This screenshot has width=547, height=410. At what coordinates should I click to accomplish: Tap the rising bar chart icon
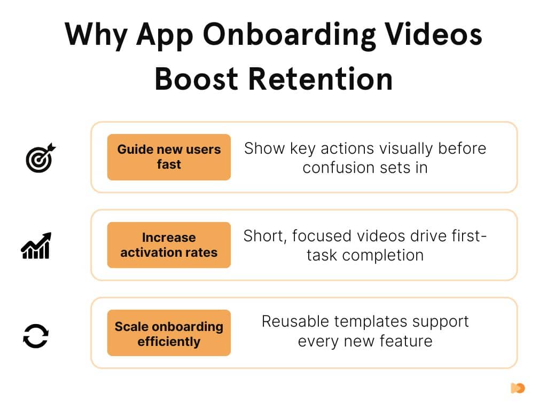(36, 246)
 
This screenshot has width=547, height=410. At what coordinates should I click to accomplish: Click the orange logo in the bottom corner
(518, 388)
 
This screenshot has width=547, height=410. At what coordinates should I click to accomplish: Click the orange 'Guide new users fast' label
(169, 157)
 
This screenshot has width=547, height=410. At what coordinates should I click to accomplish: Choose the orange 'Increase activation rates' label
(169, 245)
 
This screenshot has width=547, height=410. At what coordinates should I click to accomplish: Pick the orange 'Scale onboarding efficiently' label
(169, 333)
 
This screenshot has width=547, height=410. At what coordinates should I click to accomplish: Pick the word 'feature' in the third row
(405, 341)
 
